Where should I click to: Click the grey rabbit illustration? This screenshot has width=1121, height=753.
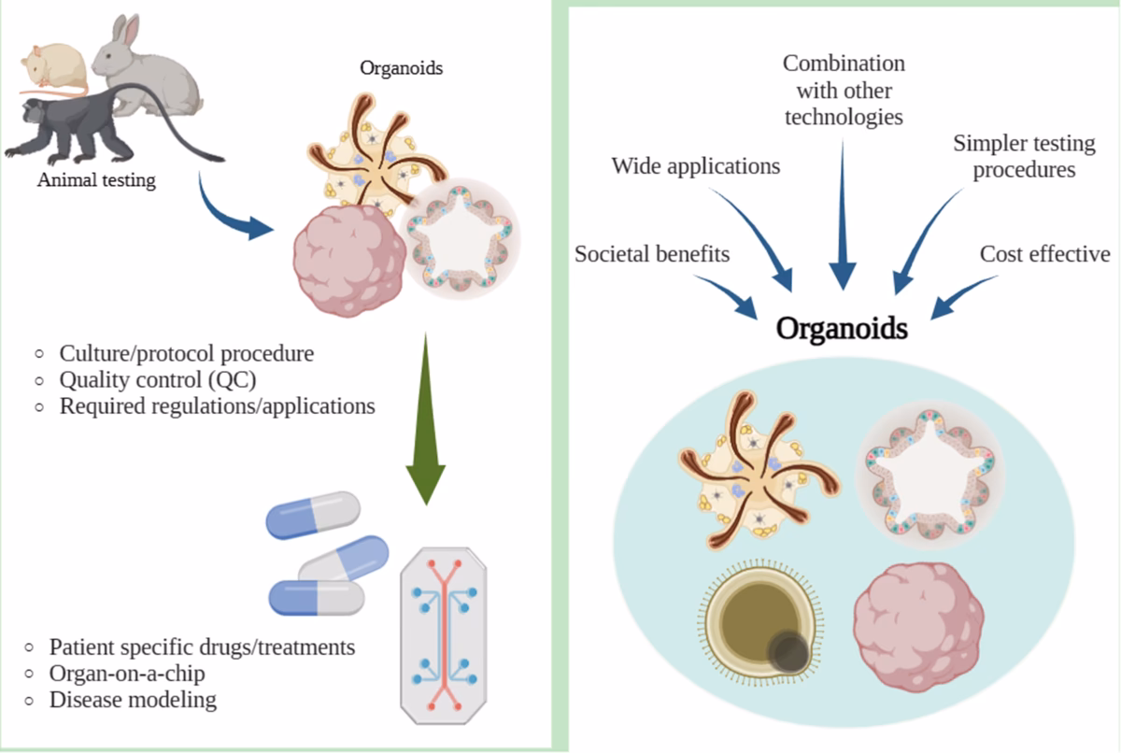coord(154,65)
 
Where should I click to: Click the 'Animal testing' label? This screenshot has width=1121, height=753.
coord(96,180)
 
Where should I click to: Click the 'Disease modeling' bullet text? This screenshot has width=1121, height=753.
coord(132,699)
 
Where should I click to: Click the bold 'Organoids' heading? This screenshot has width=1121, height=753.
coord(842,329)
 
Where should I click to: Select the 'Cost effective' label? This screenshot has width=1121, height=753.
coord(1044,254)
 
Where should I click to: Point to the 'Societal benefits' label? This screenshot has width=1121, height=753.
coord(652,254)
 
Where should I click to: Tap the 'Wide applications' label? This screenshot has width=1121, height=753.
coord(695,167)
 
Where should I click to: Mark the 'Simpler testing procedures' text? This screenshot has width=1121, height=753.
coord(1024,157)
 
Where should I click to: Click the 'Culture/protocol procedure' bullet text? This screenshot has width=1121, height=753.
coord(187,354)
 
